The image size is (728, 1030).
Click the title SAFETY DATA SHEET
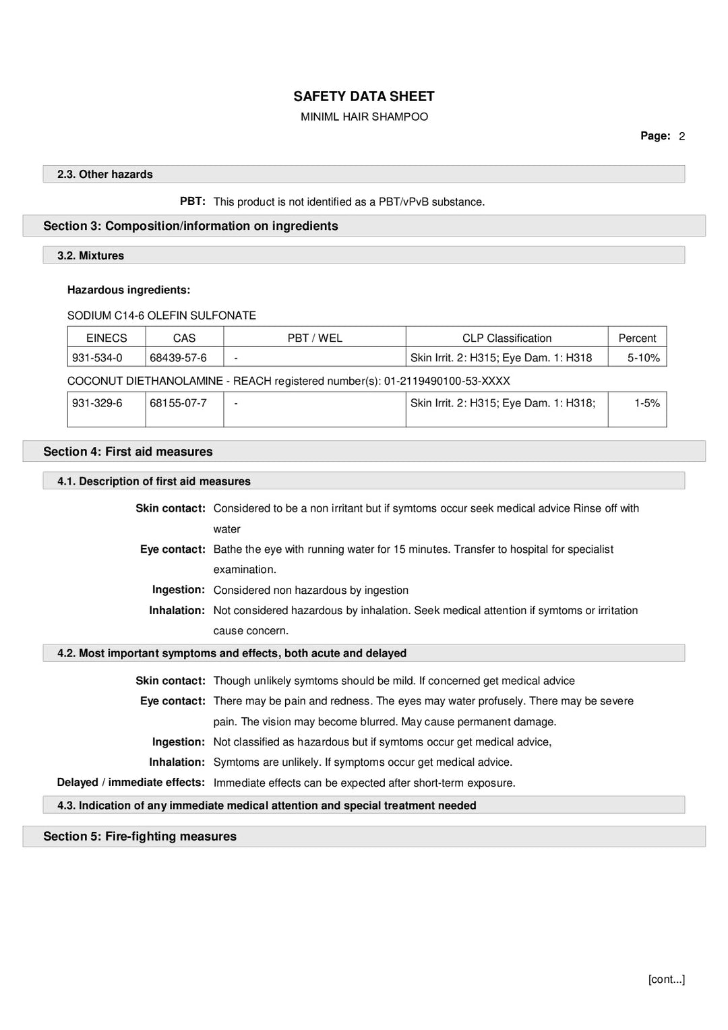(363, 96)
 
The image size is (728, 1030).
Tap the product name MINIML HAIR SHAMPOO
(364, 117)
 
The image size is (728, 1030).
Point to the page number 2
(681, 136)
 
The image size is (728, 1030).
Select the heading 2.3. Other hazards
(104, 174)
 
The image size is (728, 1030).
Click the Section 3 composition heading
(190, 226)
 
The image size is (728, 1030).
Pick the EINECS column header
(107, 338)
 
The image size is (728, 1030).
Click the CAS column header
(184, 338)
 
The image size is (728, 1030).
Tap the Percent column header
(637, 338)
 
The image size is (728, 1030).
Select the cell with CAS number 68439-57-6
(178, 357)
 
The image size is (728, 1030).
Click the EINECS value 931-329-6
(97, 403)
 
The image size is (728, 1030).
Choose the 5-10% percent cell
(643, 357)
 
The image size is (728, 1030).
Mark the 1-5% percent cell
(646, 403)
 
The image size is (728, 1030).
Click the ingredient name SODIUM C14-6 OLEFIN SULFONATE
(161, 315)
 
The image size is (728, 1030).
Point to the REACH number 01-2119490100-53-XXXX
(446, 381)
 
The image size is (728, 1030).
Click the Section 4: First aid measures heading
(127, 452)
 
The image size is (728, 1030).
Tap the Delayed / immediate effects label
(131, 782)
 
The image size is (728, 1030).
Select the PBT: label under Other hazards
(192, 201)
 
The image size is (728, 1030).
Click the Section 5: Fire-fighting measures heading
(140, 836)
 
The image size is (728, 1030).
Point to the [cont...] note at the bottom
(666, 979)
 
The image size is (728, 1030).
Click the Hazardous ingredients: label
(128, 290)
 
